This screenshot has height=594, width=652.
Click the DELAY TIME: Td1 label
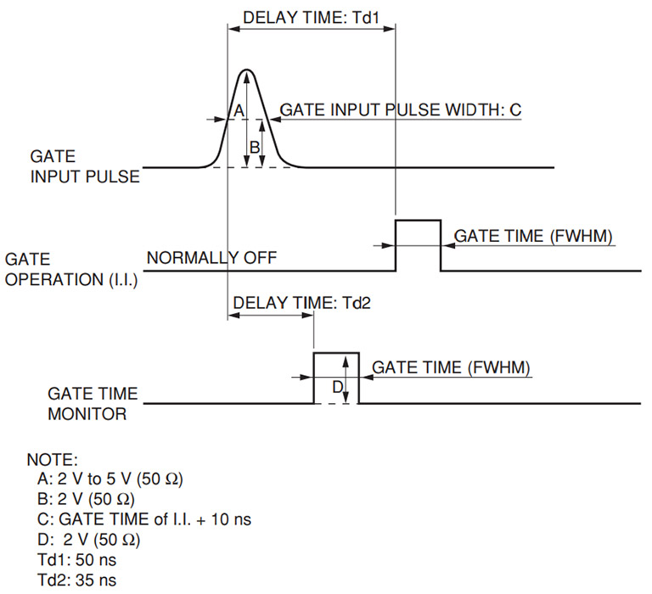point(311,18)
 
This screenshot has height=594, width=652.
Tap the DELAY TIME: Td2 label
point(301,303)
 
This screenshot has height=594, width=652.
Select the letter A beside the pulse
point(239,110)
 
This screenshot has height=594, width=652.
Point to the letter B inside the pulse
point(255,147)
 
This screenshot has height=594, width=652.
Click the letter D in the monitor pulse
point(338,387)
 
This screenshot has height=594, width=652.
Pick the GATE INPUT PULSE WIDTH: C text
point(401,109)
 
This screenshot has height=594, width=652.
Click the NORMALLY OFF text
point(211,258)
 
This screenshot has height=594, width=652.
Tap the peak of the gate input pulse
point(247,70)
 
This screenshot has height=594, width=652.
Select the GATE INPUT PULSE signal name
point(85,166)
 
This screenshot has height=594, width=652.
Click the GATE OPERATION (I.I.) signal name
point(71,269)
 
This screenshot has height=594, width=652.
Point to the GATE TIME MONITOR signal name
point(93,404)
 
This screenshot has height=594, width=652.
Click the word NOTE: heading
point(53,460)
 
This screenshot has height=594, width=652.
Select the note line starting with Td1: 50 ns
point(77,560)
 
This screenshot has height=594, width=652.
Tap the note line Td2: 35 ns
point(77,580)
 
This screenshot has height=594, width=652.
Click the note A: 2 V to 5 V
point(110,479)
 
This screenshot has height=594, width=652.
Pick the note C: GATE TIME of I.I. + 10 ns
point(144,519)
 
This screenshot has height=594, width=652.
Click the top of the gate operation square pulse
point(418,221)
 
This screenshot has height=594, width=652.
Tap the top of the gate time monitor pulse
point(336,353)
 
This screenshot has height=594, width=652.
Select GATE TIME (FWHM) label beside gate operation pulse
point(533,236)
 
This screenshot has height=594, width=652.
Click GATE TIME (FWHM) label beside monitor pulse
point(451,368)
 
